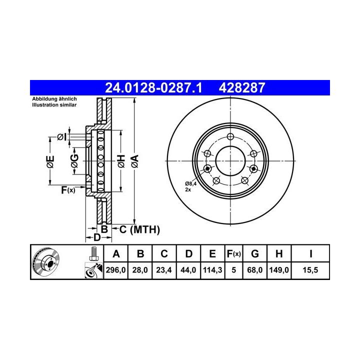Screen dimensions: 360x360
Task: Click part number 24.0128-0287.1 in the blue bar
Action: pyautogui.click(x=153, y=88)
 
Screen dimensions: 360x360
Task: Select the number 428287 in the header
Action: pyautogui.click(x=242, y=88)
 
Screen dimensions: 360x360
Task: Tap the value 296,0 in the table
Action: pyautogui.click(x=115, y=270)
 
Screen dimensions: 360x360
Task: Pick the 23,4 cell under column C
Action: pyautogui.click(x=164, y=270)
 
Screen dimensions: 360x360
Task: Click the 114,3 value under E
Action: pyautogui.click(x=212, y=270)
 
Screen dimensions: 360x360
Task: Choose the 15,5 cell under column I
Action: pyautogui.click(x=310, y=270)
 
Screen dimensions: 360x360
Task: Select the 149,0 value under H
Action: pyautogui.click(x=279, y=270)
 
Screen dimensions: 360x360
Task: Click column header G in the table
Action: pyautogui.click(x=255, y=254)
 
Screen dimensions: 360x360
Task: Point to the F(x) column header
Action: pyautogui.click(x=233, y=254)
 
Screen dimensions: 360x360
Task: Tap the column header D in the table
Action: pyautogui.click(x=188, y=254)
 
